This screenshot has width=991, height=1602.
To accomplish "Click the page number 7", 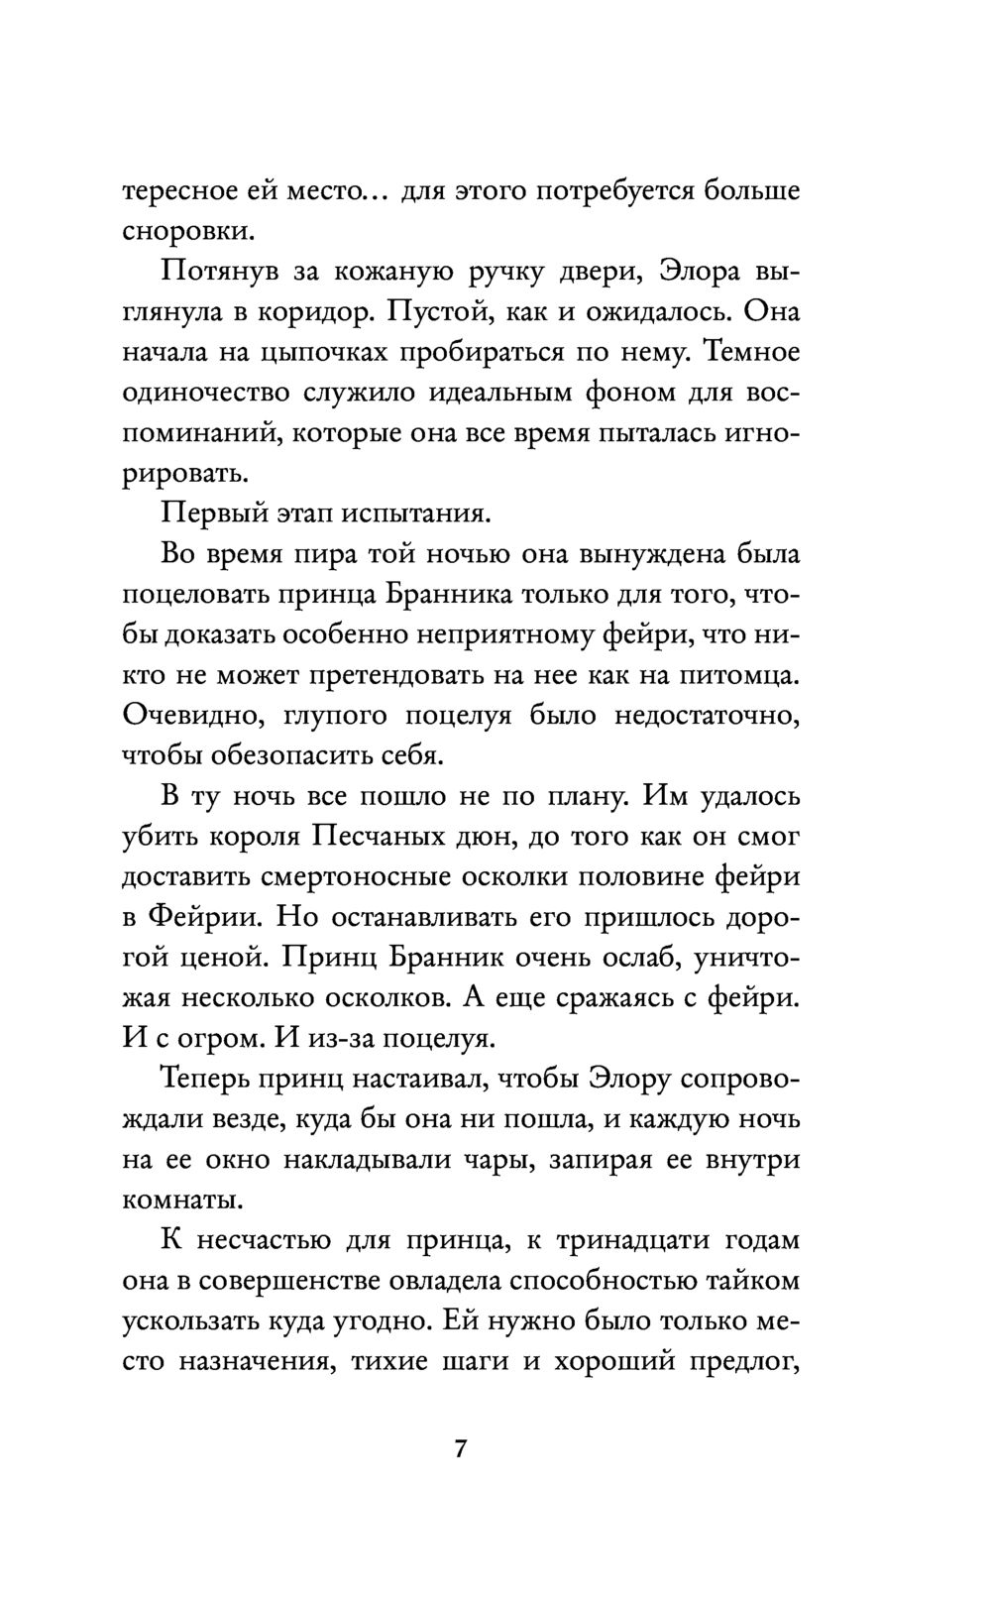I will pos(460,1448).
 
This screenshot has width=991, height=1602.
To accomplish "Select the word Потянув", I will pos(207,273).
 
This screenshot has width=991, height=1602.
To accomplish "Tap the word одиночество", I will pos(207,393).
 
